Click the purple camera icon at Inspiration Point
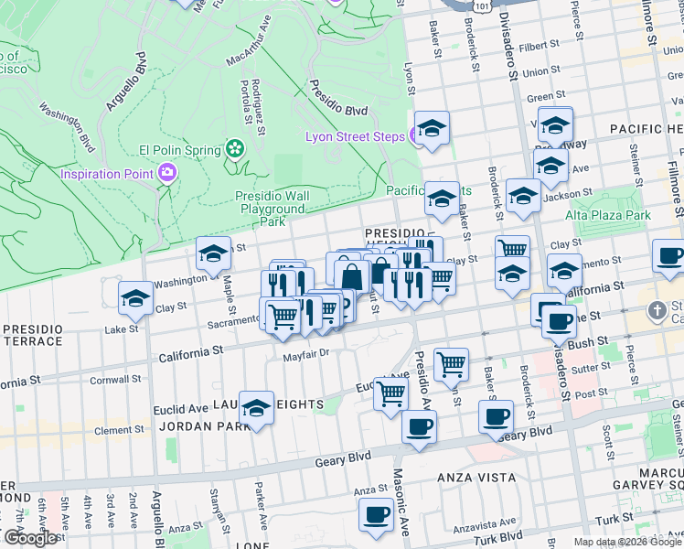tap(166, 172)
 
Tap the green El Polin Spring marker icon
tap(235, 149)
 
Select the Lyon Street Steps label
tap(355, 136)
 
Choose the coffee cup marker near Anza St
tap(376, 515)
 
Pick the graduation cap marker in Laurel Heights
tap(257, 407)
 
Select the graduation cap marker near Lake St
tap(135, 297)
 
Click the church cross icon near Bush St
tap(656, 312)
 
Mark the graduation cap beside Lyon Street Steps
tap(433, 127)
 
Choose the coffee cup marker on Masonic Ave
tap(419, 426)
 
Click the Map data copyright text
tap(628, 542)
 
